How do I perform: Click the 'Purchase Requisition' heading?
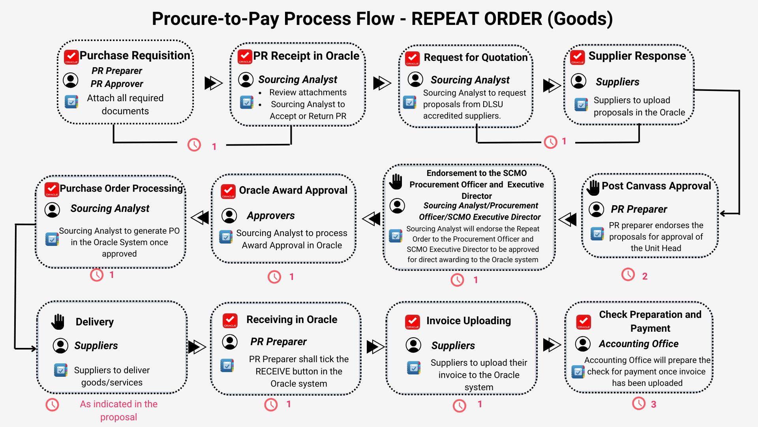tap(135, 55)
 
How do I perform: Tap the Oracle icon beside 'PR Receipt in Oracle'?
tap(245, 57)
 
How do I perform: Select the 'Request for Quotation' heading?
tap(475, 57)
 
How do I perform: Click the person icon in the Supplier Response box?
tap(578, 81)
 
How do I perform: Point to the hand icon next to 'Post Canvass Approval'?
tap(593, 187)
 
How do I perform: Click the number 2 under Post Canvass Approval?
tap(645, 276)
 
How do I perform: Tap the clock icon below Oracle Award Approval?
tap(274, 277)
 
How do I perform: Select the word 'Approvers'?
tap(271, 215)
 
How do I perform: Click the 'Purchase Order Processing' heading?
tap(121, 189)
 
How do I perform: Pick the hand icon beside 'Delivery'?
tap(58, 322)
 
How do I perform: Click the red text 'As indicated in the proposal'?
tap(118, 410)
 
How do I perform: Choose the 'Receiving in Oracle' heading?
tap(292, 319)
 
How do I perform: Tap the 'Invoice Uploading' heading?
tap(468, 321)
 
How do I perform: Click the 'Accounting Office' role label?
tap(638, 344)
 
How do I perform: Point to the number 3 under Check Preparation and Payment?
tap(653, 404)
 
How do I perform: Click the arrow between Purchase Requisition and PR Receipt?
tap(213, 83)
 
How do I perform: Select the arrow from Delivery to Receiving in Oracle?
tap(197, 347)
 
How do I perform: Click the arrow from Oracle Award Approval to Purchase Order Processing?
tap(200, 217)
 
